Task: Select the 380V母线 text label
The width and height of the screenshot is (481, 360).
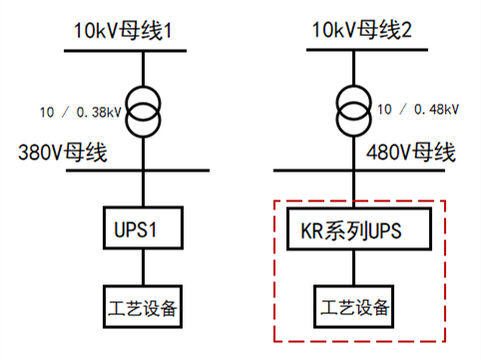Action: click(x=63, y=154)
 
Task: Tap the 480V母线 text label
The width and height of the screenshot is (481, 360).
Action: click(x=411, y=154)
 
